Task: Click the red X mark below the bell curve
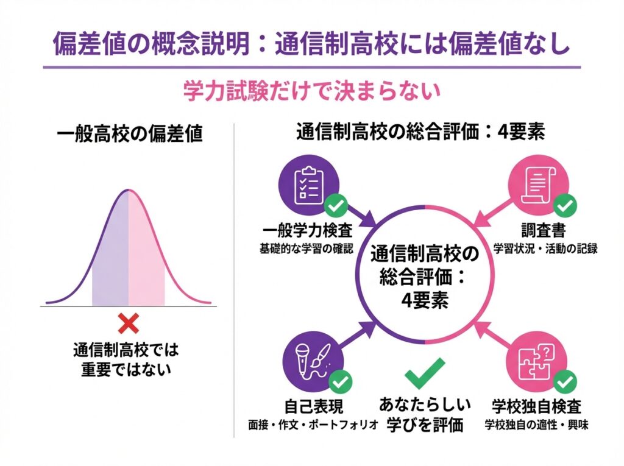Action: click(129, 323)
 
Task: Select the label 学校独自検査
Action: click(536, 406)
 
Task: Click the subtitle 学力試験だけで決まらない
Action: click(311, 91)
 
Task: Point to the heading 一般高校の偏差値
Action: click(128, 134)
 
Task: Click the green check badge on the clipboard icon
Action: click(335, 206)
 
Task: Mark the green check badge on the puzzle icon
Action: click(566, 383)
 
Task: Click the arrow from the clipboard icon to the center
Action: click(363, 215)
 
